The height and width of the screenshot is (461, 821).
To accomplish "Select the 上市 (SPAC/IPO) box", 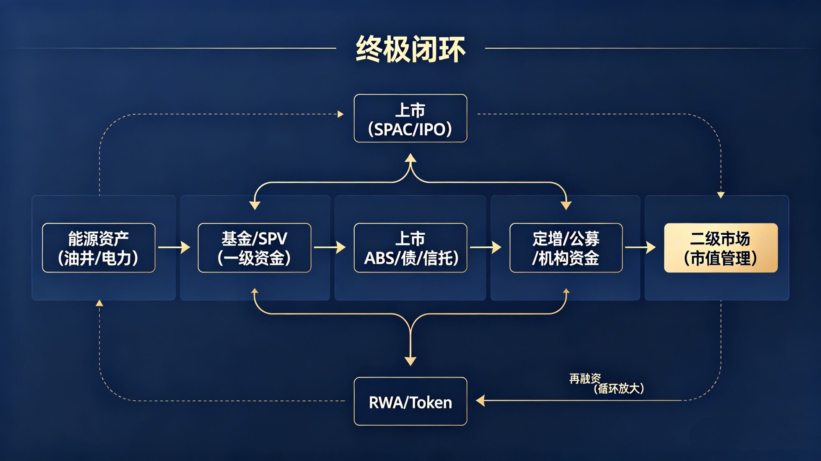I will click(410, 118).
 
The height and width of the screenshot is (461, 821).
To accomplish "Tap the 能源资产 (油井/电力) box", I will click(99, 248).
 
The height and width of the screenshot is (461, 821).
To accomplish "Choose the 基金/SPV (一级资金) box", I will click(254, 248).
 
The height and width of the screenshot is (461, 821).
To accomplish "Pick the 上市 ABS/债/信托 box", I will click(410, 248).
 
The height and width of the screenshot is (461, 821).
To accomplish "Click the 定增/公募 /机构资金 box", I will click(566, 248).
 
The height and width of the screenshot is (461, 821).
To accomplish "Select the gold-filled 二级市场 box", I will click(721, 248).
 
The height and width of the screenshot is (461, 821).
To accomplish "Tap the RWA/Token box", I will click(410, 401).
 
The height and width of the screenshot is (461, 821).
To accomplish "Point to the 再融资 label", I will click(585, 378).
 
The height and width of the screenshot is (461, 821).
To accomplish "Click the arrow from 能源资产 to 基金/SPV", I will click(174, 247).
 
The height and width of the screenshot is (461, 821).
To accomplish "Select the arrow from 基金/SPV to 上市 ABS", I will click(330, 247).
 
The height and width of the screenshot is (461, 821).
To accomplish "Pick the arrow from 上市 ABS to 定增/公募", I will click(486, 247).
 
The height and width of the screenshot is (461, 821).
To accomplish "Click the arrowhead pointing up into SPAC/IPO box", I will click(410, 158).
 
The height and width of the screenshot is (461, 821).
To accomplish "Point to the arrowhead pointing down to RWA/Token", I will click(410, 361).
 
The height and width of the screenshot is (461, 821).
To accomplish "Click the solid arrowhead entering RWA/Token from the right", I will click(481, 401).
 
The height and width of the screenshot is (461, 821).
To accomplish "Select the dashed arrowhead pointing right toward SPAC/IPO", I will click(340, 114).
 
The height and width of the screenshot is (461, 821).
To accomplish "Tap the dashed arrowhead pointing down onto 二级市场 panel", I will click(721, 195).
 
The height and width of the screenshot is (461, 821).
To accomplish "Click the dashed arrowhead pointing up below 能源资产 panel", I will click(100, 303).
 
